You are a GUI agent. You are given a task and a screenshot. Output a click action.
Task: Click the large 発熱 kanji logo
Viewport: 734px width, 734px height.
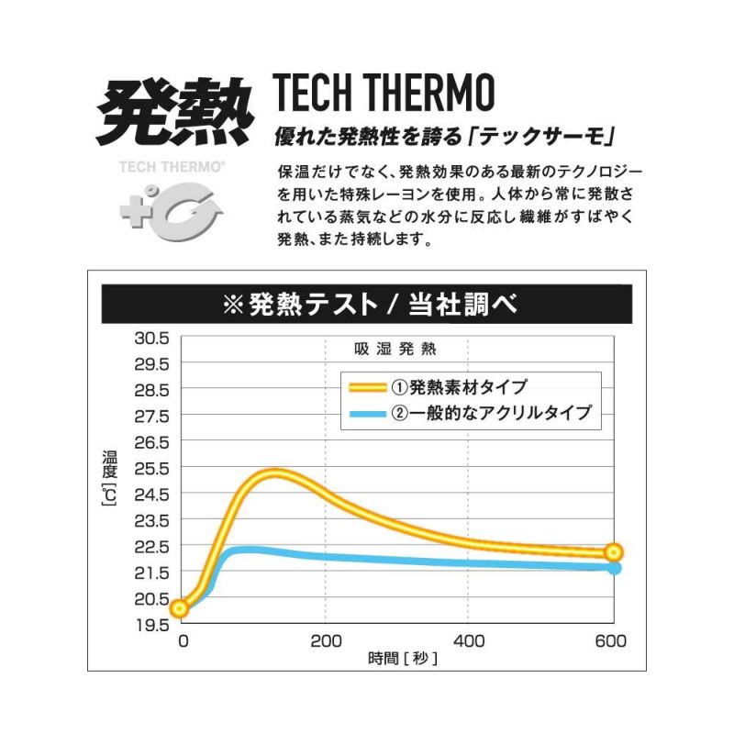pos(174,112)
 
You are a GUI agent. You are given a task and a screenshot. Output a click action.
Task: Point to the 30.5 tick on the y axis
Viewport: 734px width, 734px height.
pos(151,338)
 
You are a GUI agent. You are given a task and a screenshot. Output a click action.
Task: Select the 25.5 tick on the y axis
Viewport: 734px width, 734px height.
pos(151,468)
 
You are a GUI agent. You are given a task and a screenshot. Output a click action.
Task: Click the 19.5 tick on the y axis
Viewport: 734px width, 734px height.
pos(151,625)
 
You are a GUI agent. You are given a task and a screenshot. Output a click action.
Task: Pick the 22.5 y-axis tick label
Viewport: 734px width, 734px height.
pos(151,546)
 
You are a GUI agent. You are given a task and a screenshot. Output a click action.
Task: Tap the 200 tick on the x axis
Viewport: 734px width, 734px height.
pos(326,641)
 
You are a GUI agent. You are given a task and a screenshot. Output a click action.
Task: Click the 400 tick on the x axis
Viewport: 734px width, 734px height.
pos(469,641)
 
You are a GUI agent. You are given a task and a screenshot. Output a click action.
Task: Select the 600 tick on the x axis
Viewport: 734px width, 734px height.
pos(611,641)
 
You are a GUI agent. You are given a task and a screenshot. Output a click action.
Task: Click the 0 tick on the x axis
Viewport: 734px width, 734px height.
pos(183,641)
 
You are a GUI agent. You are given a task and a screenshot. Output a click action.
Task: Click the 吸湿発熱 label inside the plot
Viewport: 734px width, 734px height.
pos(395,349)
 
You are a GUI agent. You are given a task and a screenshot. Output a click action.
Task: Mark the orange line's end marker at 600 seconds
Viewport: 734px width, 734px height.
pos(614,552)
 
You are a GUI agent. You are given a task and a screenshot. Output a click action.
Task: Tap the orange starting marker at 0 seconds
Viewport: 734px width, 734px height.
pos(179,607)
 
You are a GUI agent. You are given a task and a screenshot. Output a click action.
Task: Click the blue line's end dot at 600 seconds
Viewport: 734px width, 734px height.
pos(615,569)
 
